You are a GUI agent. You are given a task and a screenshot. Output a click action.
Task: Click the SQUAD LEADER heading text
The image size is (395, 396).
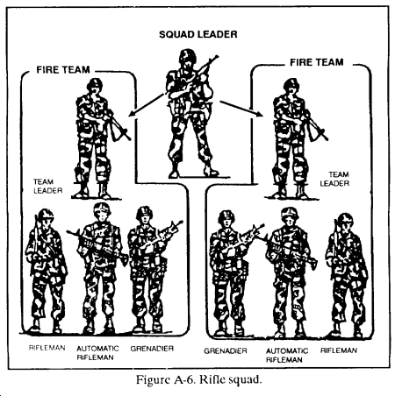coord(198,34)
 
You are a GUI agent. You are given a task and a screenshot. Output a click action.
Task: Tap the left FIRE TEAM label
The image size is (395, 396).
coord(63,70)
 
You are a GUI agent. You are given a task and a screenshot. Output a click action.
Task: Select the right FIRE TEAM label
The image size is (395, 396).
coord(317,62)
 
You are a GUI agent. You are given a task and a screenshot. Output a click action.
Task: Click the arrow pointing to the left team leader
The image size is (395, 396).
coord(147,104)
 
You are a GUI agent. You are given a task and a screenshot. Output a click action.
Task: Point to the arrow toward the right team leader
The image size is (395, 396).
coord(241,109)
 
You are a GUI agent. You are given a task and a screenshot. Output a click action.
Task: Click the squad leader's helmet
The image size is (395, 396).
coord(188,55)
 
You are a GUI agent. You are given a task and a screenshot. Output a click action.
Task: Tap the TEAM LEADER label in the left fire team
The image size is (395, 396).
coord(48,187)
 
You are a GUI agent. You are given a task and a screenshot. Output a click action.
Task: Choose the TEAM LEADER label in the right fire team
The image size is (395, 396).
coord(334,179)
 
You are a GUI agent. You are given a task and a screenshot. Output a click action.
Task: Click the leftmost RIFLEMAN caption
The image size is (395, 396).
coord(47,348)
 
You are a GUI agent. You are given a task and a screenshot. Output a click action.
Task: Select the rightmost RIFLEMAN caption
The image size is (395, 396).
coord(339,350)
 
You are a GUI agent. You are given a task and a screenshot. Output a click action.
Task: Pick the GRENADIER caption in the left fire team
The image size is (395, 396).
coord(152,349)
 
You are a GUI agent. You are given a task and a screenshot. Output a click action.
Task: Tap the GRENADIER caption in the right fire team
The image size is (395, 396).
coord(226,350)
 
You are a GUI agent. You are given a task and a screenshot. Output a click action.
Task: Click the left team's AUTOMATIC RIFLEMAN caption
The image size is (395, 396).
coord(97,353)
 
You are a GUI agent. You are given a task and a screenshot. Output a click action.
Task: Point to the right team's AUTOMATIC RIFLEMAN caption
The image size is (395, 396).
coord(287,355)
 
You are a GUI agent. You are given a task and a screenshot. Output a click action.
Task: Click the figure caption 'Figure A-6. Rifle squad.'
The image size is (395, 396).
coord(198,379)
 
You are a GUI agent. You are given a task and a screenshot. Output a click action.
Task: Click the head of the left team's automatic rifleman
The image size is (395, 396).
coord(102,212)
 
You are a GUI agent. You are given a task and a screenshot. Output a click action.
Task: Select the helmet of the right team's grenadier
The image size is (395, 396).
coord(226,216)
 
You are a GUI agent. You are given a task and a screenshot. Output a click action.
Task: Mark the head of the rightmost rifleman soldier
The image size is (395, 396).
coord(346,223)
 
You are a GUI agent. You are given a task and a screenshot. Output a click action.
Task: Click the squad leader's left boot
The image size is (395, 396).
coord(175,173)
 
